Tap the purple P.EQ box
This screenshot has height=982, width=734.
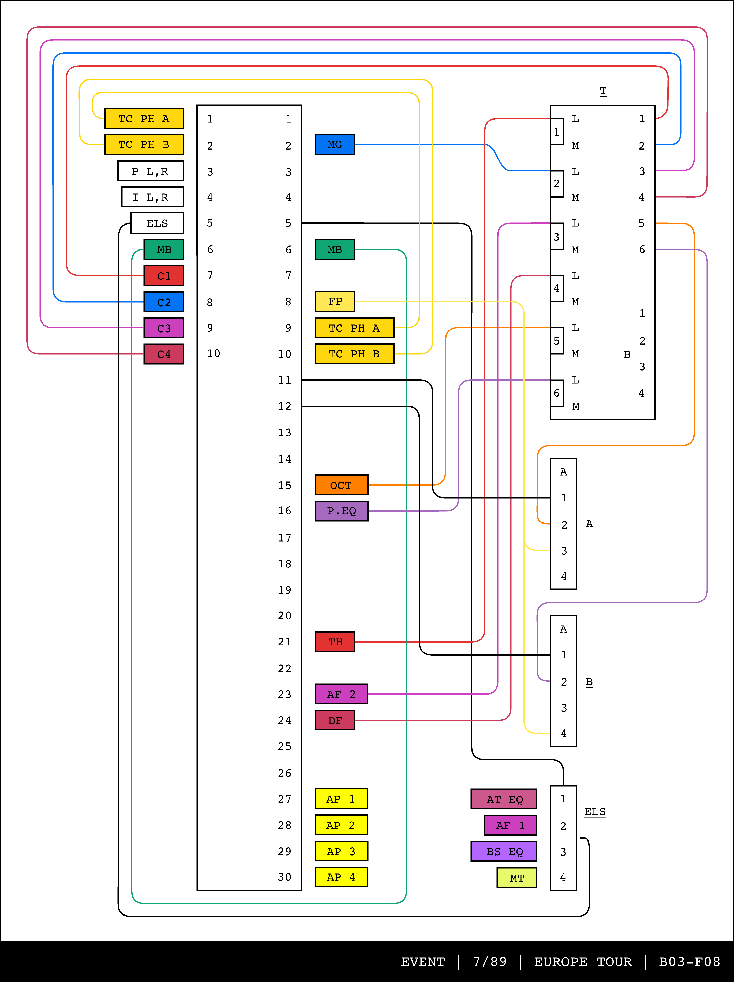(341, 511)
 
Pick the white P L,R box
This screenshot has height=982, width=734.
(150, 171)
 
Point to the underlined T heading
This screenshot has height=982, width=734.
(603, 91)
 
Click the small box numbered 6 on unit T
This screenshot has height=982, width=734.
(556, 393)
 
